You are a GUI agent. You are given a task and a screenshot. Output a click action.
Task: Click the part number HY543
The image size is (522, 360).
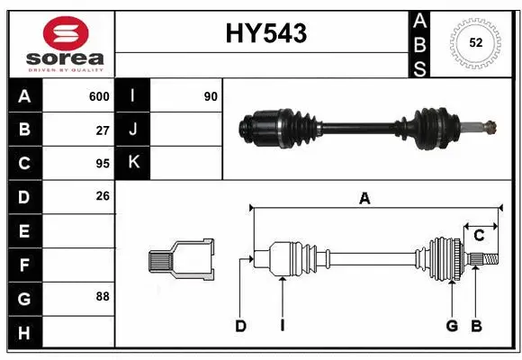click(x=265, y=33)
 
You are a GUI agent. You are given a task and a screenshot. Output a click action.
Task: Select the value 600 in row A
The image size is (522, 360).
click(x=99, y=96)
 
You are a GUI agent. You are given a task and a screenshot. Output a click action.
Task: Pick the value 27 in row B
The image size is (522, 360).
click(x=103, y=130)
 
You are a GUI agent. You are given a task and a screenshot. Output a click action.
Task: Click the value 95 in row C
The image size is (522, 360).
click(x=103, y=163)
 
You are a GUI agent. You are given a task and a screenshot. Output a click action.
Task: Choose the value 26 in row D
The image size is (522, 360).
click(x=103, y=196)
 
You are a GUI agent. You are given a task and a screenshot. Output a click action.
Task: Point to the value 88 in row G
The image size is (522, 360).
click(x=103, y=296)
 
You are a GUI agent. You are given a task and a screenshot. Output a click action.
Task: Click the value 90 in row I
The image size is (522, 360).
click(x=211, y=96)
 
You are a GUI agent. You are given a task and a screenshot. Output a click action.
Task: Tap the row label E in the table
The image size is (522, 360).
click(x=23, y=230)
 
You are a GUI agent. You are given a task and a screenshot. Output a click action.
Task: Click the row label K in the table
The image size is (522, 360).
click(x=132, y=163)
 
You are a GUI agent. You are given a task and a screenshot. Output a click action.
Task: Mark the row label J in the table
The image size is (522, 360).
click(x=132, y=130)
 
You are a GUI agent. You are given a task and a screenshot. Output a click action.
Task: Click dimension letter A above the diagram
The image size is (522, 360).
click(x=364, y=199)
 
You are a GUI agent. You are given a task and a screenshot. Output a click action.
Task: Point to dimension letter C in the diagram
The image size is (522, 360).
click(x=479, y=236)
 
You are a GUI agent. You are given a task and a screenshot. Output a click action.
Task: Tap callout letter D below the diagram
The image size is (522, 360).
click(x=240, y=326)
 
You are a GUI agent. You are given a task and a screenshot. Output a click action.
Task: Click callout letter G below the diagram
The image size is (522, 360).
click(x=452, y=326)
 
